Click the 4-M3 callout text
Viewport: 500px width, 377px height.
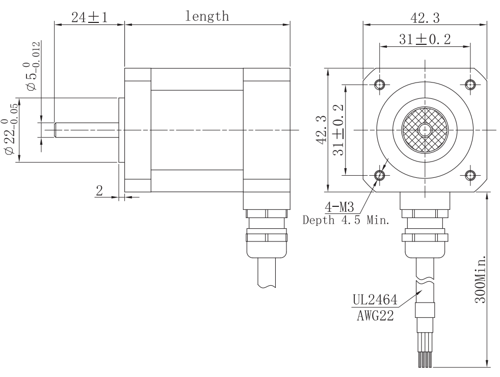pos(338,207)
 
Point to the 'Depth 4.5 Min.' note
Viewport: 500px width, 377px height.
pos(346,221)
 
